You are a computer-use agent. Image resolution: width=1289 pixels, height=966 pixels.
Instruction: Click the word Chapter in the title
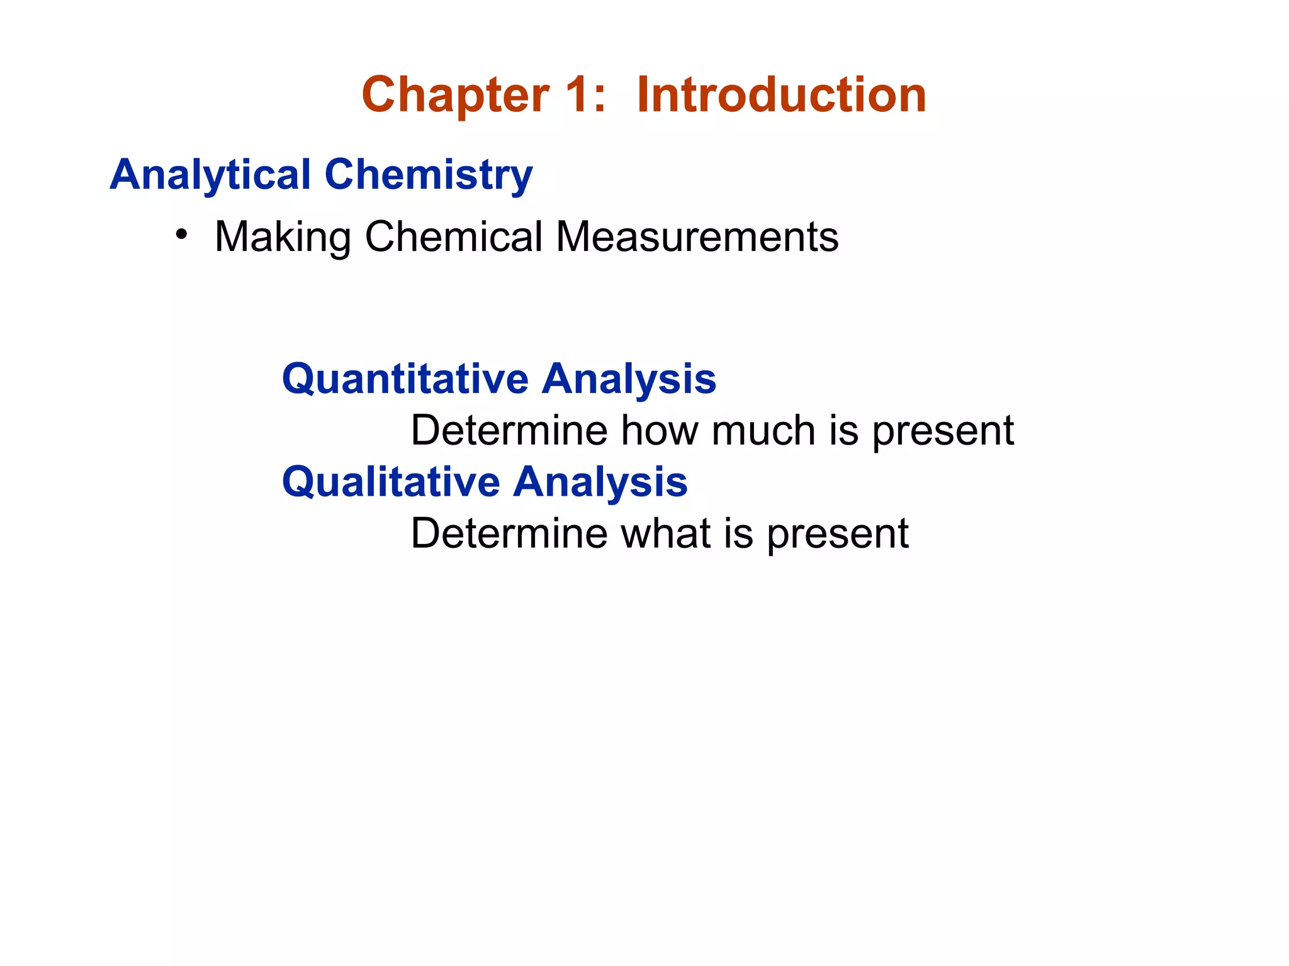point(455,96)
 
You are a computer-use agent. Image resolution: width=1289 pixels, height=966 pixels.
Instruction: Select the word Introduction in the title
point(781,96)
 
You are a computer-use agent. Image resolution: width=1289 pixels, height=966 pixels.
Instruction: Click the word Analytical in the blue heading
point(210,175)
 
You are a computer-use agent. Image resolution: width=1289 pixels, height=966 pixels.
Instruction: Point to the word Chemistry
point(429,175)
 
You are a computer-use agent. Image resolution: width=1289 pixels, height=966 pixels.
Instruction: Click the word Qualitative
point(390,482)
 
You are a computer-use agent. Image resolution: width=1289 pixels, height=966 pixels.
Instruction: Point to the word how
point(660,431)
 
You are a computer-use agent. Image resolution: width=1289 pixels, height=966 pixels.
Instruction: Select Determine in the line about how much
point(509,431)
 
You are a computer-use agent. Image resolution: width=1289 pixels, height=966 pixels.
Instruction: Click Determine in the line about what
point(509,534)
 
